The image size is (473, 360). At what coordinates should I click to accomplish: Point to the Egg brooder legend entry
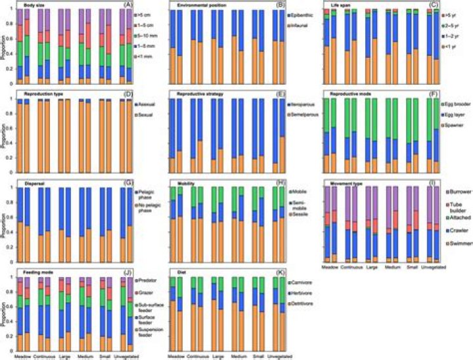[x=449, y=104]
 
